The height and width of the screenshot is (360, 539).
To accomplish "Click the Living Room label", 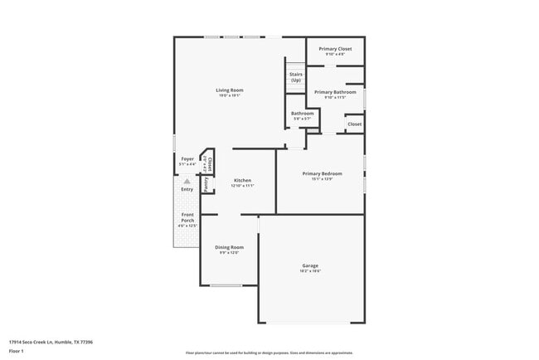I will click(x=230, y=90).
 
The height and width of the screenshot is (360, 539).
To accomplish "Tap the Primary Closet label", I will click(x=335, y=49).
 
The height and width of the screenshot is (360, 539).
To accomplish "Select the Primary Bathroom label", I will click(x=335, y=92).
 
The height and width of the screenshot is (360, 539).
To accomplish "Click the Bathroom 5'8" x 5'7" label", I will click(x=302, y=114).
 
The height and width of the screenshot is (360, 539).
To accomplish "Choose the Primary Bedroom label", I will click(x=322, y=173).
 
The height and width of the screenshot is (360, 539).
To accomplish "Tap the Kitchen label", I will click(x=242, y=180).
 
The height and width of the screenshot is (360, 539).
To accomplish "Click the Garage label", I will click(x=309, y=265).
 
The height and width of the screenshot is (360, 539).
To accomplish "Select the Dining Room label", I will click(x=229, y=247).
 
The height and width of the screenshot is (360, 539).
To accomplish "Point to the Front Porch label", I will click(x=187, y=217).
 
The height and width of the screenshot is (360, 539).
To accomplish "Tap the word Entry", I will click(x=187, y=189).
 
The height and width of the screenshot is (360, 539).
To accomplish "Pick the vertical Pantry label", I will click(x=206, y=183).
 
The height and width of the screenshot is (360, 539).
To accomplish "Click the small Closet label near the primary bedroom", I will click(x=354, y=124).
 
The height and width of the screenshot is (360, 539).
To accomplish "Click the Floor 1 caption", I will click(x=17, y=351).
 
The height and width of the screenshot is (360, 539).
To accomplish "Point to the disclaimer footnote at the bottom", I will click(x=269, y=353).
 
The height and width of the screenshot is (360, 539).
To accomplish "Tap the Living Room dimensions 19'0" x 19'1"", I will click(x=230, y=95).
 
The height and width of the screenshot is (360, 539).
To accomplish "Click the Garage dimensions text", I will click(x=309, y=271).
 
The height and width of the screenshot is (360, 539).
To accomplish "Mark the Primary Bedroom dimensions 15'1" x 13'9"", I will click(x=322, y=179).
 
